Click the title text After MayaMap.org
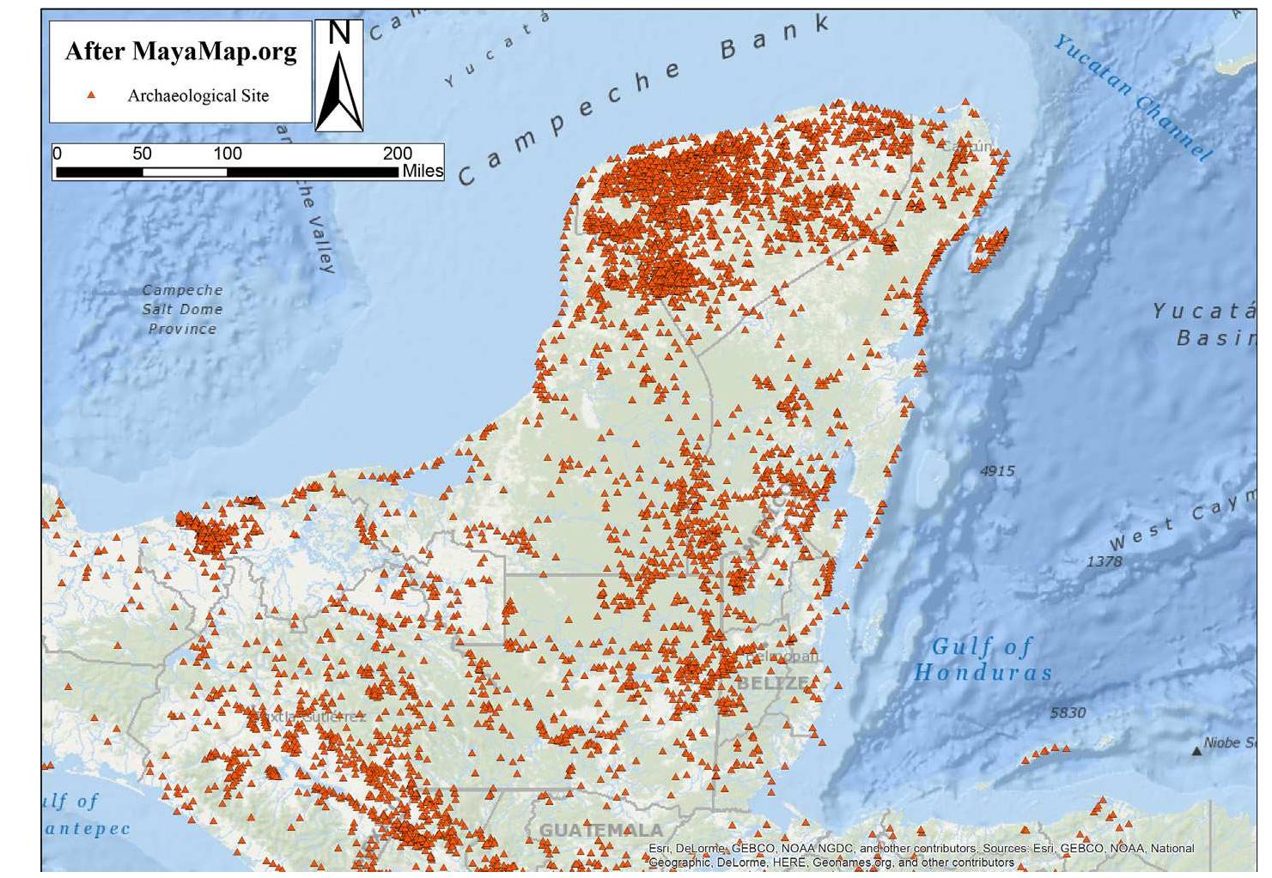pos(180,51)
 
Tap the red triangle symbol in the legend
pos(91,95)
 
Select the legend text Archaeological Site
pos(198,96)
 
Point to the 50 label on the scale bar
pos(142,154)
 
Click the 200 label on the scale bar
pos(397,154)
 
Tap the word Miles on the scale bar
pos(423,171)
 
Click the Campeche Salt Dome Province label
pos(182,310)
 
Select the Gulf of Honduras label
pos(983,659)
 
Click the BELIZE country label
pos(772,683)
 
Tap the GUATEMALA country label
pos(601,830)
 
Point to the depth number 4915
pos(997,471)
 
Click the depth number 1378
pos(1104,561)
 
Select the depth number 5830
pos(1068,712)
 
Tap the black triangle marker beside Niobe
pos(1196,751)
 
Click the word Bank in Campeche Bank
pos(776,38)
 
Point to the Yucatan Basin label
pos(1207,324)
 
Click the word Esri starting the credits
pos(659,849)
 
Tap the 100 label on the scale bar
pos(227,154)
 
